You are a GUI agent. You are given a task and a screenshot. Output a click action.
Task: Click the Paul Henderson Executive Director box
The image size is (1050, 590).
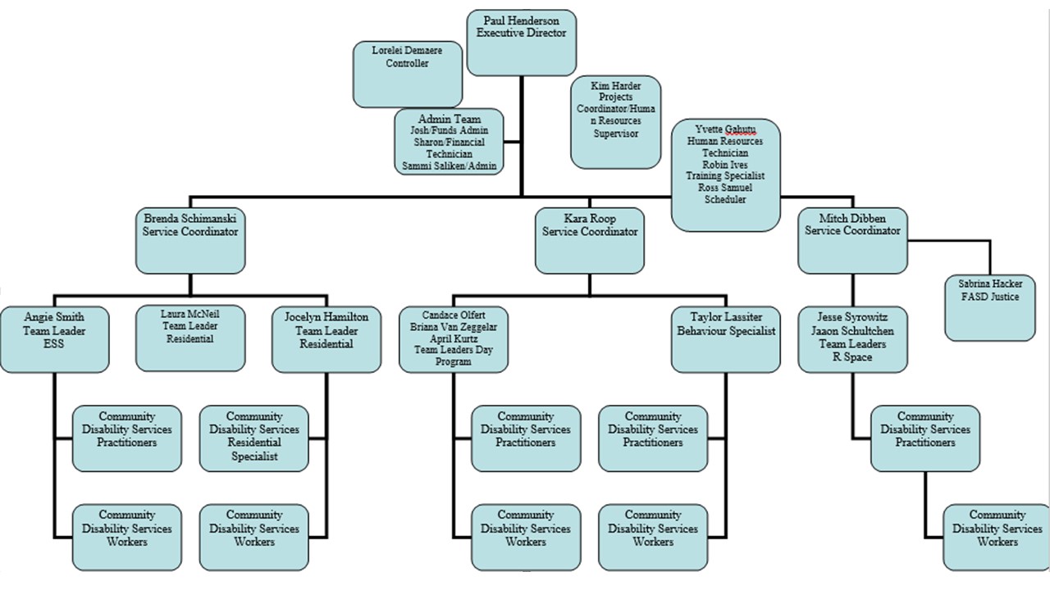point(521,43)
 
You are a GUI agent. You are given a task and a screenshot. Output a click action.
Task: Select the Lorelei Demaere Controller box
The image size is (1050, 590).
point(408,74)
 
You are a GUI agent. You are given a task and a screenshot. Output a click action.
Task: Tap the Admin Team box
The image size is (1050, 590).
point(449,142)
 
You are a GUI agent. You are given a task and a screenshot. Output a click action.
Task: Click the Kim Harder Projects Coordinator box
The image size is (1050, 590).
point(615,122)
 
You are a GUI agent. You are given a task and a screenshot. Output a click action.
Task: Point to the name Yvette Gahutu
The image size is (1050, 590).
point(725,129)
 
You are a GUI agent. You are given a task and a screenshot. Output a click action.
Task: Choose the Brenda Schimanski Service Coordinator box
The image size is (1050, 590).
point(190,241)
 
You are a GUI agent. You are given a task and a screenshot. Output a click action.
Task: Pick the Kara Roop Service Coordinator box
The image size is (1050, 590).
point(590,241)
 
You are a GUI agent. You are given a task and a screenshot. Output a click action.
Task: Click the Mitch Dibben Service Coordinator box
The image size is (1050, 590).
point(852,241)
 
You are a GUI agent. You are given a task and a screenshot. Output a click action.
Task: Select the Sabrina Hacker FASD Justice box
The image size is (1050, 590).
point(990,307)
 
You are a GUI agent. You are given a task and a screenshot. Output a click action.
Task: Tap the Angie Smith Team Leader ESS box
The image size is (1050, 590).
point(54,339)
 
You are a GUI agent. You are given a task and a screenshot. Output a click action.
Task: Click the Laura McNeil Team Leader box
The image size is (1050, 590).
point(190,338)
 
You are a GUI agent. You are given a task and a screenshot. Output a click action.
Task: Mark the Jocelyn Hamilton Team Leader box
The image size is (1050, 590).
point(326,339)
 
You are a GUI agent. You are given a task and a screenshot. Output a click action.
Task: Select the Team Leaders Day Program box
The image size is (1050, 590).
point(454,339)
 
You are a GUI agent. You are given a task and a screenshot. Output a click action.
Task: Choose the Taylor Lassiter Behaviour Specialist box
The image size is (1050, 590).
point(726,339)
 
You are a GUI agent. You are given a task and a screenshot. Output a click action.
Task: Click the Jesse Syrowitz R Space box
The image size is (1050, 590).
point(852,339)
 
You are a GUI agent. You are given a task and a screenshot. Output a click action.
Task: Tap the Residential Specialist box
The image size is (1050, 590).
point(254,438)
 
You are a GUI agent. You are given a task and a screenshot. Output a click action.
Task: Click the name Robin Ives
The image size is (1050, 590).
point(725,165)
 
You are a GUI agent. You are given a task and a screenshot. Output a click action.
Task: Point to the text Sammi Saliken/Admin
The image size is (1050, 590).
point(449,166)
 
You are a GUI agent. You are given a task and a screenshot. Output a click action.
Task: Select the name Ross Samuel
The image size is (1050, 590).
point(725,188)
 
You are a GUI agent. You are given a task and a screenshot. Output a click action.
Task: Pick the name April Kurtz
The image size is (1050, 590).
point(454,338)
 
